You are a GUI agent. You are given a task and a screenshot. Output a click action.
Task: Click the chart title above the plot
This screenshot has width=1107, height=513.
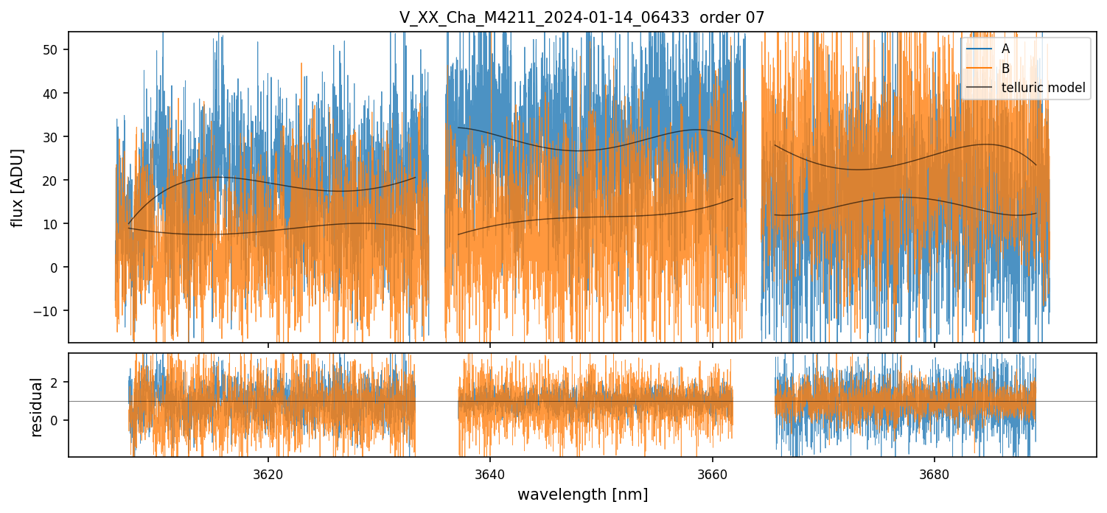[x=582, y=18]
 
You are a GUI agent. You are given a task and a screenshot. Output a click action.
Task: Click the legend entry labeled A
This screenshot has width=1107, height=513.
[x=1005, y=49]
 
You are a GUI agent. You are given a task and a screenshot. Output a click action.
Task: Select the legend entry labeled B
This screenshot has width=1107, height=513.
[x=1005, y=69]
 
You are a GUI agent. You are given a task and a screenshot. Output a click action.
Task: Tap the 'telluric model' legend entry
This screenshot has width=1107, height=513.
[x=1043, y=88]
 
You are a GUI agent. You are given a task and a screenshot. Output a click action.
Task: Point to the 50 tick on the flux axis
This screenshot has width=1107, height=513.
[x=53, y=50]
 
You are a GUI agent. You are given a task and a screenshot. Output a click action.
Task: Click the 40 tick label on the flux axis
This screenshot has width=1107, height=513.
[x=53, y=94]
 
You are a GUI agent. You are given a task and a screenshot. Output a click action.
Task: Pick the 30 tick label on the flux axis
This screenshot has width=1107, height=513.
[x=53, y=137]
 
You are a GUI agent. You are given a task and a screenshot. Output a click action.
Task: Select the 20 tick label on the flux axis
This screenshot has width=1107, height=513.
[x=53, y=181]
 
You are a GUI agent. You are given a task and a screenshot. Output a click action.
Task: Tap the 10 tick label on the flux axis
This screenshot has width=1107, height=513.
[x=53, y=224]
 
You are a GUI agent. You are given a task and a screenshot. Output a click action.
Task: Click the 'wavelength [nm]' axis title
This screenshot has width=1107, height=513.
[x=582, y=494]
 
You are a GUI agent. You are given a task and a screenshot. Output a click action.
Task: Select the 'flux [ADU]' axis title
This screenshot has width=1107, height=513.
[x=18, y=187]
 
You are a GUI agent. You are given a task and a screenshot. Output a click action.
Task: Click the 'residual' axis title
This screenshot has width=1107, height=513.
[x=36, y=406]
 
